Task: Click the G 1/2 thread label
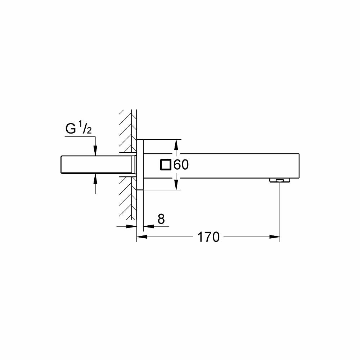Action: click(78, 129)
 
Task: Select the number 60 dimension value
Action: click(181, 165)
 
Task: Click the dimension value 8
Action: click(161, 219)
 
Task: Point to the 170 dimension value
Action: click(208, 237)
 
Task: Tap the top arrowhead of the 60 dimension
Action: click(176, 144)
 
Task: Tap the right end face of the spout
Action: click(299, 165)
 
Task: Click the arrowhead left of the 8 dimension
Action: click(132, 226)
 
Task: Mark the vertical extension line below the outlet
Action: click(280, 209)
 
